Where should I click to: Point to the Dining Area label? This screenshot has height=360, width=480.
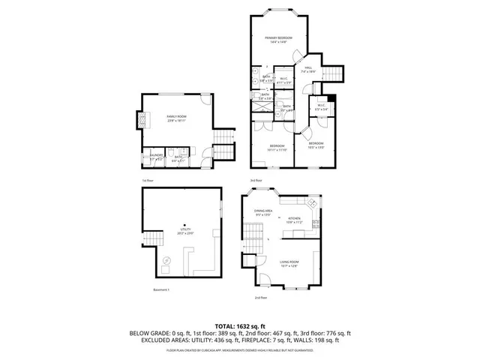point(262,213)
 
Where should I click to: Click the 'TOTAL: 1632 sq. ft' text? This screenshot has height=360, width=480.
point(240,326)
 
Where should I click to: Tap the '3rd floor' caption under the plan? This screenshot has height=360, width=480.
point(257,181)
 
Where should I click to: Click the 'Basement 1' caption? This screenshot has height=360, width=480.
point(162,290)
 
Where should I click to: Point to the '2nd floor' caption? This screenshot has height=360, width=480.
point(261,298)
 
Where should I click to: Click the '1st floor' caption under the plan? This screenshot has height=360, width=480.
point(148,181)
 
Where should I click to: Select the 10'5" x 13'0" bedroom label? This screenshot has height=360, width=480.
point(316,145)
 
